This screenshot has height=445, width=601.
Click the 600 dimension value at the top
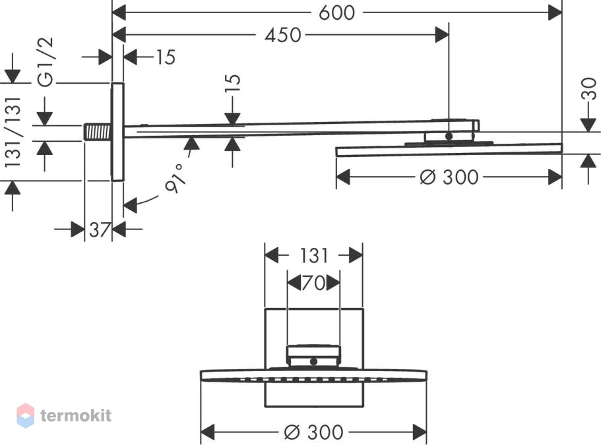(336, 13)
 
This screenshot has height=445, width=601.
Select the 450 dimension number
(283, 35)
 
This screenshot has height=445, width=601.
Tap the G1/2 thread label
(46, 62)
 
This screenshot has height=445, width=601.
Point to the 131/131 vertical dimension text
(13, 132)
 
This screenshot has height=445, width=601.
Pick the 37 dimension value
(100, 230)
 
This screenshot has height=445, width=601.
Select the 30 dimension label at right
(589, 88)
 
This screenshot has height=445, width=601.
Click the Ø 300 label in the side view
(449, 177)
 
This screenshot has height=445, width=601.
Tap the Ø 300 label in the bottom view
(313, 432)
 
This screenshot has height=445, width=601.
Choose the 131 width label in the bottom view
(313, 256)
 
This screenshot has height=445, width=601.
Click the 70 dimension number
(313, 283)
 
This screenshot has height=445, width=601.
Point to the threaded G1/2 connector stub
(98, 132)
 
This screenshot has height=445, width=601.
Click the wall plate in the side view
(117, 132)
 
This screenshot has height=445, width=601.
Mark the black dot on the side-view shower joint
(449, 136)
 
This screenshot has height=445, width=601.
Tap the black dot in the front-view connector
(313, 361)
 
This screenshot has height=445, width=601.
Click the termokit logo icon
(26, 415)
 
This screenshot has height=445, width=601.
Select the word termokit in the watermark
(76, 415)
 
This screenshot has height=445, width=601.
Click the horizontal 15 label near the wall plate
(166, 57)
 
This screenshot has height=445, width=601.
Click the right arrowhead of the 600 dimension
(555, 13)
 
